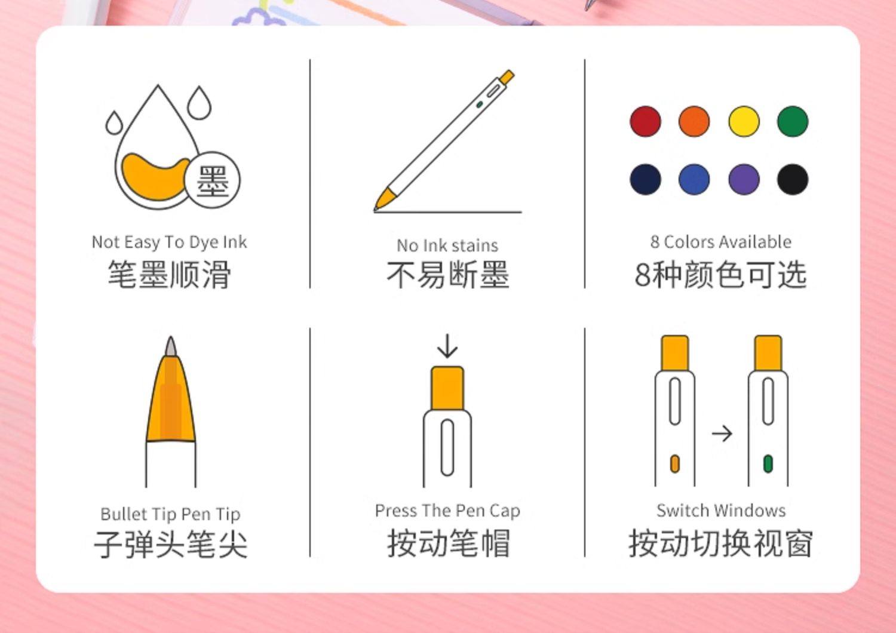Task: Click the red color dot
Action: [x=645, y=122]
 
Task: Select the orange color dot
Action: [x=694, y=122]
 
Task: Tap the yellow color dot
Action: [x=744, y=122]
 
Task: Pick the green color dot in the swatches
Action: [x=793, y=122]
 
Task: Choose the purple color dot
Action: [x=744, y=180]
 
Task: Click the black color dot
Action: [x=793, y=180]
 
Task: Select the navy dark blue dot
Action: [x=645, y=180]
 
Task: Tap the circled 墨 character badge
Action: [x=213, y=180]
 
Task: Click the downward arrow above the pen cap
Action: [x=447, y=346]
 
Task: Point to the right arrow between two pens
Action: [x=722, y=434]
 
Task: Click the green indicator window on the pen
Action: [x=768, y=464]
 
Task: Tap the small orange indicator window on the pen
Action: [x=675, y=464]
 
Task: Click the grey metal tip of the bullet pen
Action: [x=171, y=347]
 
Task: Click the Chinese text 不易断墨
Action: [x=447, y=274]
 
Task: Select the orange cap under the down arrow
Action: [x=447, y=388]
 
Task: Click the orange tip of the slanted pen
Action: [x=385, y=199]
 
